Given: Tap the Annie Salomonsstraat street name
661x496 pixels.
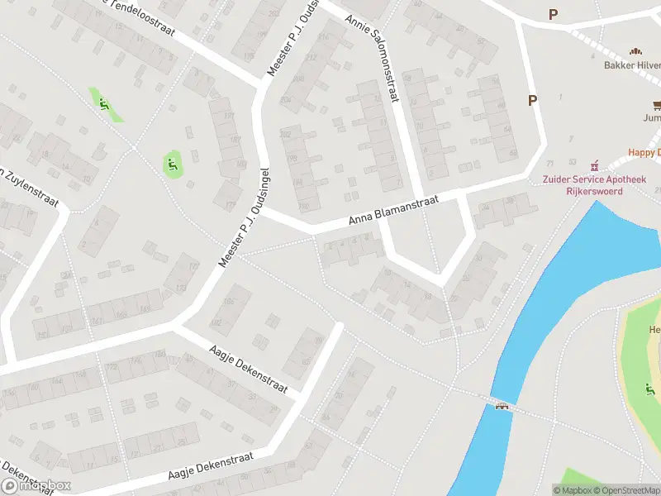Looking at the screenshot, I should [x=373, y=58].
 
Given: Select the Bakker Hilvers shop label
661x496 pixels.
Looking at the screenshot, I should [x=632, y=64].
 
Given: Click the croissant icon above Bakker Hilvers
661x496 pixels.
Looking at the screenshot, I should [x=636, y=51].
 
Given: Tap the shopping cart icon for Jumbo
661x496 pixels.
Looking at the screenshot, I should [x=658, y=104].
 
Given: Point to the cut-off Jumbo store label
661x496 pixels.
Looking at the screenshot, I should [x=652, y=117].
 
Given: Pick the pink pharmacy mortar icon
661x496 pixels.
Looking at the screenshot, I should [x=592, y=166].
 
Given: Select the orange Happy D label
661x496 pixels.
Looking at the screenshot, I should [x=644, y=152].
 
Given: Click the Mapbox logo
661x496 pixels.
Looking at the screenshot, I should [x=36, y=485].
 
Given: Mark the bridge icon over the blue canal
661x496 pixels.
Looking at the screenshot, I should [x=501, y=405].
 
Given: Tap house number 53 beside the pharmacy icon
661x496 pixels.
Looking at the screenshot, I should [x=572, y=163].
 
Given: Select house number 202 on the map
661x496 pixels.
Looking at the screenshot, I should [x=286, y=133].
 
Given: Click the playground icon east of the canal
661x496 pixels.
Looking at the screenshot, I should [x=649, y=389].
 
